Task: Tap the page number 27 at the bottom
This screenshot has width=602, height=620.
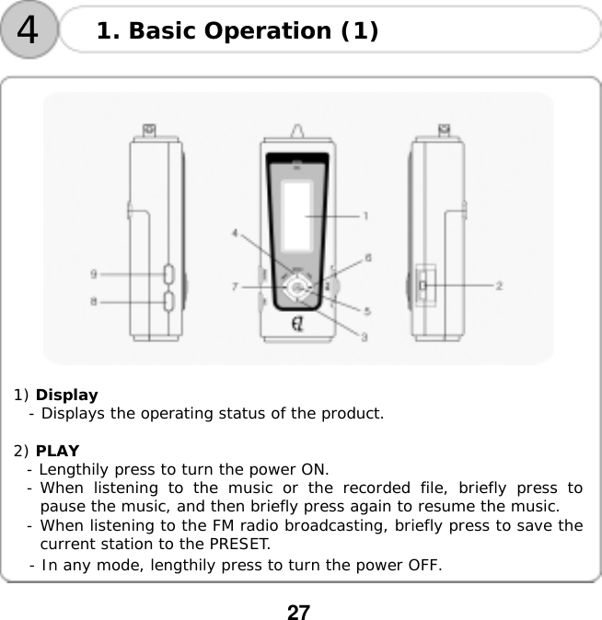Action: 298,612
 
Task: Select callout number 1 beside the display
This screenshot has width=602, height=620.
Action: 365,216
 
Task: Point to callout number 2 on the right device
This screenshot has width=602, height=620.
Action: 499,286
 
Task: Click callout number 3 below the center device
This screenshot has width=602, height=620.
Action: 364,337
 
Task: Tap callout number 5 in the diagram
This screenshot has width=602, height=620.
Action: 367,311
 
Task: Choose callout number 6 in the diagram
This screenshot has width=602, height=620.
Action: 368,258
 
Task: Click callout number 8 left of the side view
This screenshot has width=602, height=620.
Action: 94,300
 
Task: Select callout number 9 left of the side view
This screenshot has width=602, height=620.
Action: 94,273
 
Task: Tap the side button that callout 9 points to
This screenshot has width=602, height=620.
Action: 168,273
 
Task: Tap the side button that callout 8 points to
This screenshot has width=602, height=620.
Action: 168,300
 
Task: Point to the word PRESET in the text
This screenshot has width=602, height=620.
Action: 239,544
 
